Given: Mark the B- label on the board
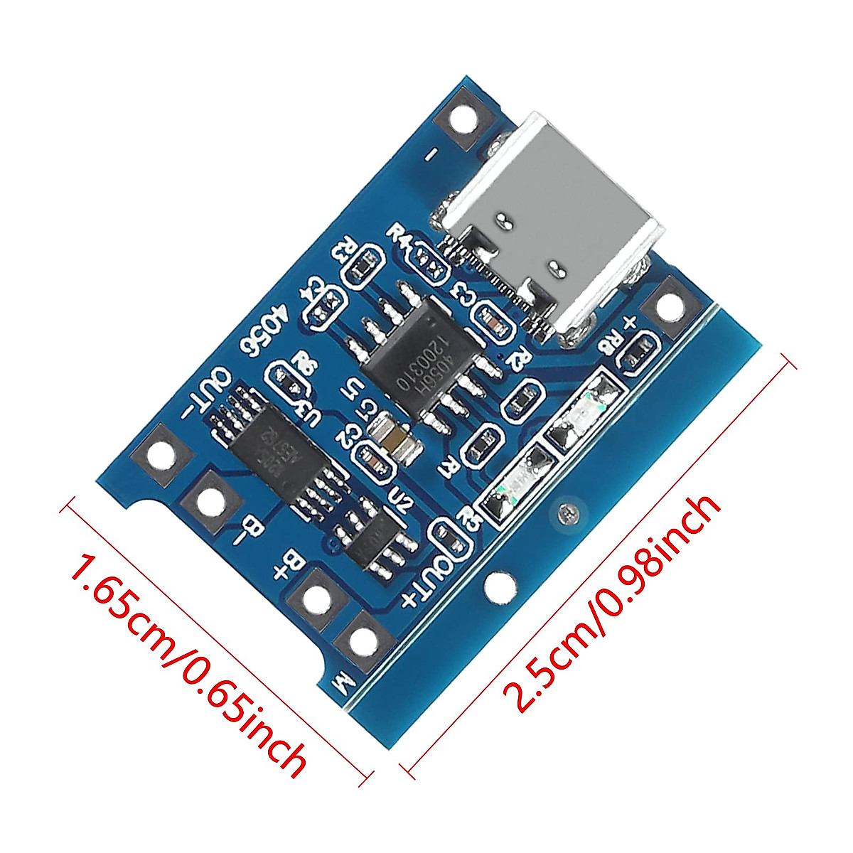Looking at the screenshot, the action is click(245, 526).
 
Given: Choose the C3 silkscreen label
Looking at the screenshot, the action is click(463, 292).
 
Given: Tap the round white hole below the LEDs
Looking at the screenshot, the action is click(502, 587).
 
